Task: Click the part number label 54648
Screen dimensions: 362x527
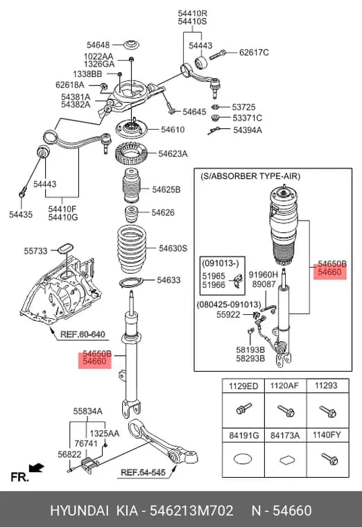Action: pos(98,44)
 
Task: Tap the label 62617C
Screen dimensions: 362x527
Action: pos(254,53)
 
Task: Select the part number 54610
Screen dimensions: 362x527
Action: pos(173,130)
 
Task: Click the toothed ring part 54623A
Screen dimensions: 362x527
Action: pos(128,154)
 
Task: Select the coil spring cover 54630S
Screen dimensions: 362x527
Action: pos(131,251)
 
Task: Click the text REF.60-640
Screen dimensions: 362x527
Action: pos(83,334)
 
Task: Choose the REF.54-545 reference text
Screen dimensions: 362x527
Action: pos(143,472)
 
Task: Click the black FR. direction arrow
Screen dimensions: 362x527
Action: pos(36,468)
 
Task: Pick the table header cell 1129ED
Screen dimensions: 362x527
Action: pos(243,386)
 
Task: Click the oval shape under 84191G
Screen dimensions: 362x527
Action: pos(243,459)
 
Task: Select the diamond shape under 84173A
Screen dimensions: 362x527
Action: pos(285,460)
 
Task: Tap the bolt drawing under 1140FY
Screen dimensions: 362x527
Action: pos(329,458)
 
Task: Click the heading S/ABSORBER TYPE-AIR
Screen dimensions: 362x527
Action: pos(250,176)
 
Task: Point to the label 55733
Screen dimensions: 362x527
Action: pos(35,251)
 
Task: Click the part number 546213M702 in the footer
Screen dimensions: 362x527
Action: pos(191,510)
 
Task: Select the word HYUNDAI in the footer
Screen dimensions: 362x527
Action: pos(79,510)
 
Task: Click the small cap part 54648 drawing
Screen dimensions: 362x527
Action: pos(132,44)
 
